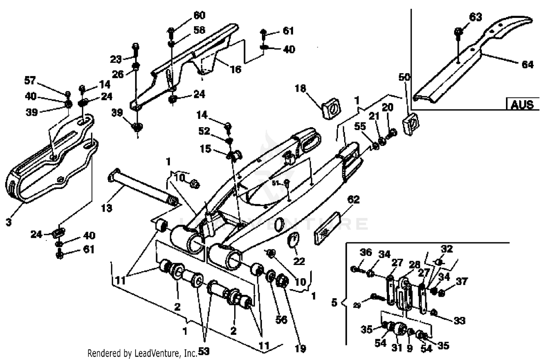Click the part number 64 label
(x=527, y=65)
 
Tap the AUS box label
(x=522, y=105)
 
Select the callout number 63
(x=475, y=17)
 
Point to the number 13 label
(x=107, y=208)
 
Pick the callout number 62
(x=353, y=200)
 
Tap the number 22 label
(x=299, y=261)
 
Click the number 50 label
(x=404, y=77)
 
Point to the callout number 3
(x=9, y=221)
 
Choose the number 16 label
(x=236, y=69)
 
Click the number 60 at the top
(x=199, y=15)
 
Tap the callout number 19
(x=300, y=349)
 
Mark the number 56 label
(x=281, y=320)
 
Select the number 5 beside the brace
(x=334, y=303)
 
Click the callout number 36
(x=365, y=252)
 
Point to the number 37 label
(x=462, y=281)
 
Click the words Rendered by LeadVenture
(x=142, y=353)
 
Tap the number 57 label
(x=30, y=80)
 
